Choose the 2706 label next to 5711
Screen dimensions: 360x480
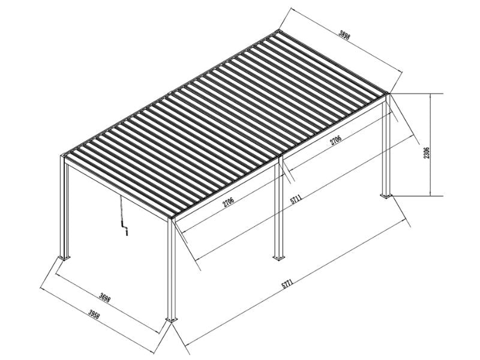(x=228, y=202)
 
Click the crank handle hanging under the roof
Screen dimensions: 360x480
(x=125, y=230)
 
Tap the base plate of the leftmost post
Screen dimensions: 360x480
(x=64, y=258)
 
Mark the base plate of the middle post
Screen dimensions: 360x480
(x=278, y=258)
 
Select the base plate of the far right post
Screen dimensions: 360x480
(x=385, y=195)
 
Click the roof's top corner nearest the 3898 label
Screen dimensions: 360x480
(x=280, y=29)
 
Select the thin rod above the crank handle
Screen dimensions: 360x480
(x=121, y=210)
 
